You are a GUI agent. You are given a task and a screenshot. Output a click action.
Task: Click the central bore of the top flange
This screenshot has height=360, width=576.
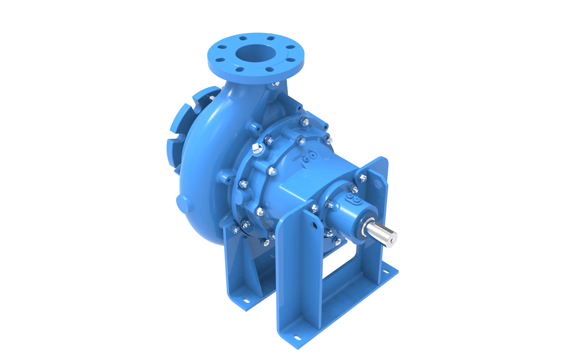[x=255, y=54]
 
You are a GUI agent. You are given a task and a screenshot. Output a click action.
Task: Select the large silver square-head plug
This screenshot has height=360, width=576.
[x=257, y=148]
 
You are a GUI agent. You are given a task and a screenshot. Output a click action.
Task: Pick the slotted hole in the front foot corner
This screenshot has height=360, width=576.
[x=297, y=338]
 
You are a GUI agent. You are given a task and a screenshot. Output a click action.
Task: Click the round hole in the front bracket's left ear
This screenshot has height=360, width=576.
[x=314, y=225]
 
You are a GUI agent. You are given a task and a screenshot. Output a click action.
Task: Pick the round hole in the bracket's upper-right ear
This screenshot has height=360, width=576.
[x=378, y=184]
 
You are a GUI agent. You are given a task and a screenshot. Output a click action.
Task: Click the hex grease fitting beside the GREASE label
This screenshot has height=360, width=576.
[x=307, y=159]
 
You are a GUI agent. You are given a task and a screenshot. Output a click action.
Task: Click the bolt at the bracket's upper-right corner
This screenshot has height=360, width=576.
[x=363, y=178]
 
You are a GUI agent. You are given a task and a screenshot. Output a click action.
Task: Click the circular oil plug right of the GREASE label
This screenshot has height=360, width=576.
[x=313, y=155]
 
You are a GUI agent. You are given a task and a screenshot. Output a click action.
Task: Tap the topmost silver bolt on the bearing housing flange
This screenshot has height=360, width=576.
[x=304, y=122]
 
